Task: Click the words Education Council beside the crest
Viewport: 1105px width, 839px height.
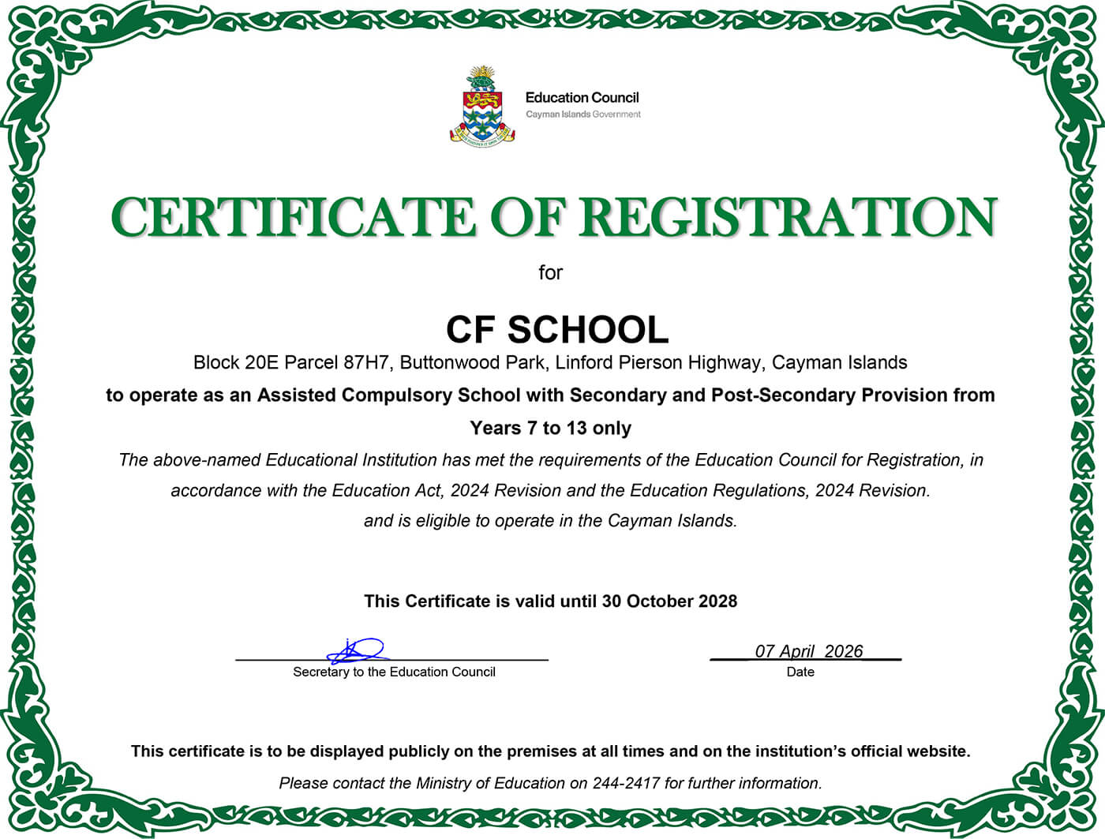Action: click(x=582, y=98)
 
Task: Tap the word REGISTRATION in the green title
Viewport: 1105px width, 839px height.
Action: click(x=789, y=217)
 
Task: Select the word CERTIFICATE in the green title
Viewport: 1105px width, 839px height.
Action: click(x=293, y=217)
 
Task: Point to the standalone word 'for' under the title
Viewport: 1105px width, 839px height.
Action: click(x=550, y=273)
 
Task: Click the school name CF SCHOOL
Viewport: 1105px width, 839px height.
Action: click(x=556, y=330)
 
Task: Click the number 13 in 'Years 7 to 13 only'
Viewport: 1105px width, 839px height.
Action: click(x=576, y=429)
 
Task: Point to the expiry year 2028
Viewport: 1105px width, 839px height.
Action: click(x=717, y=601)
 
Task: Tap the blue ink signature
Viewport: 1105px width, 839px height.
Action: click(x=357, y=651)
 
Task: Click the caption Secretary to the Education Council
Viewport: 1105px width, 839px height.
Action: click(x=394, y=672)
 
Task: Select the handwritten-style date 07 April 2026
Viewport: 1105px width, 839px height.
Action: click(x=808, y=651)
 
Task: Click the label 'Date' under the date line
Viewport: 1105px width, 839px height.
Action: click(x=800, y=672)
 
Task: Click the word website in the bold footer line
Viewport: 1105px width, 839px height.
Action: click(x=938, y=751)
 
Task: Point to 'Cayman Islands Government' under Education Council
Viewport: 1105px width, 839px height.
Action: click(x=583, y=114)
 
